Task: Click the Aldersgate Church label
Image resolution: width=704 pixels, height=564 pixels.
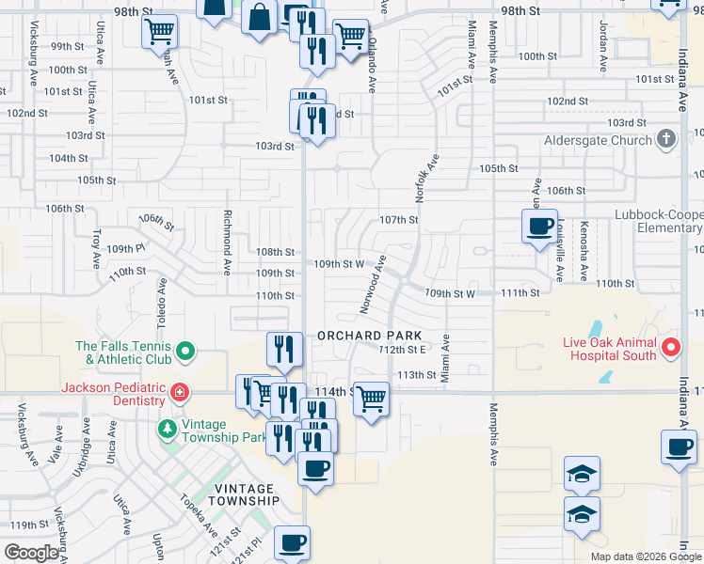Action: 598,141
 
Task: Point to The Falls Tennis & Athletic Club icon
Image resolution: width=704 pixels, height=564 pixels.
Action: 185,352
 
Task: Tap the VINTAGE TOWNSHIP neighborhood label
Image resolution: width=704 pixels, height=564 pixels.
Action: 247,494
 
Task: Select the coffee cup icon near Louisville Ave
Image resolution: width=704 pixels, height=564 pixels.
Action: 540,227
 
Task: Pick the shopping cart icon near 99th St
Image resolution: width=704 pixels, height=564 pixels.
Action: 158,32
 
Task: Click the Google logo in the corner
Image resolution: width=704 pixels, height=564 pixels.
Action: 31,553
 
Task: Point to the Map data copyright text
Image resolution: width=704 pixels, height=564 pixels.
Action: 646,556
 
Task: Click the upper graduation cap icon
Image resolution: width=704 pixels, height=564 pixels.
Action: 582,474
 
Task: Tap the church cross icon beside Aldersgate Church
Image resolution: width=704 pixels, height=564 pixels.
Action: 666,141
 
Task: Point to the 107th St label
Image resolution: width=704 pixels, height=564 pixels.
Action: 398,220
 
